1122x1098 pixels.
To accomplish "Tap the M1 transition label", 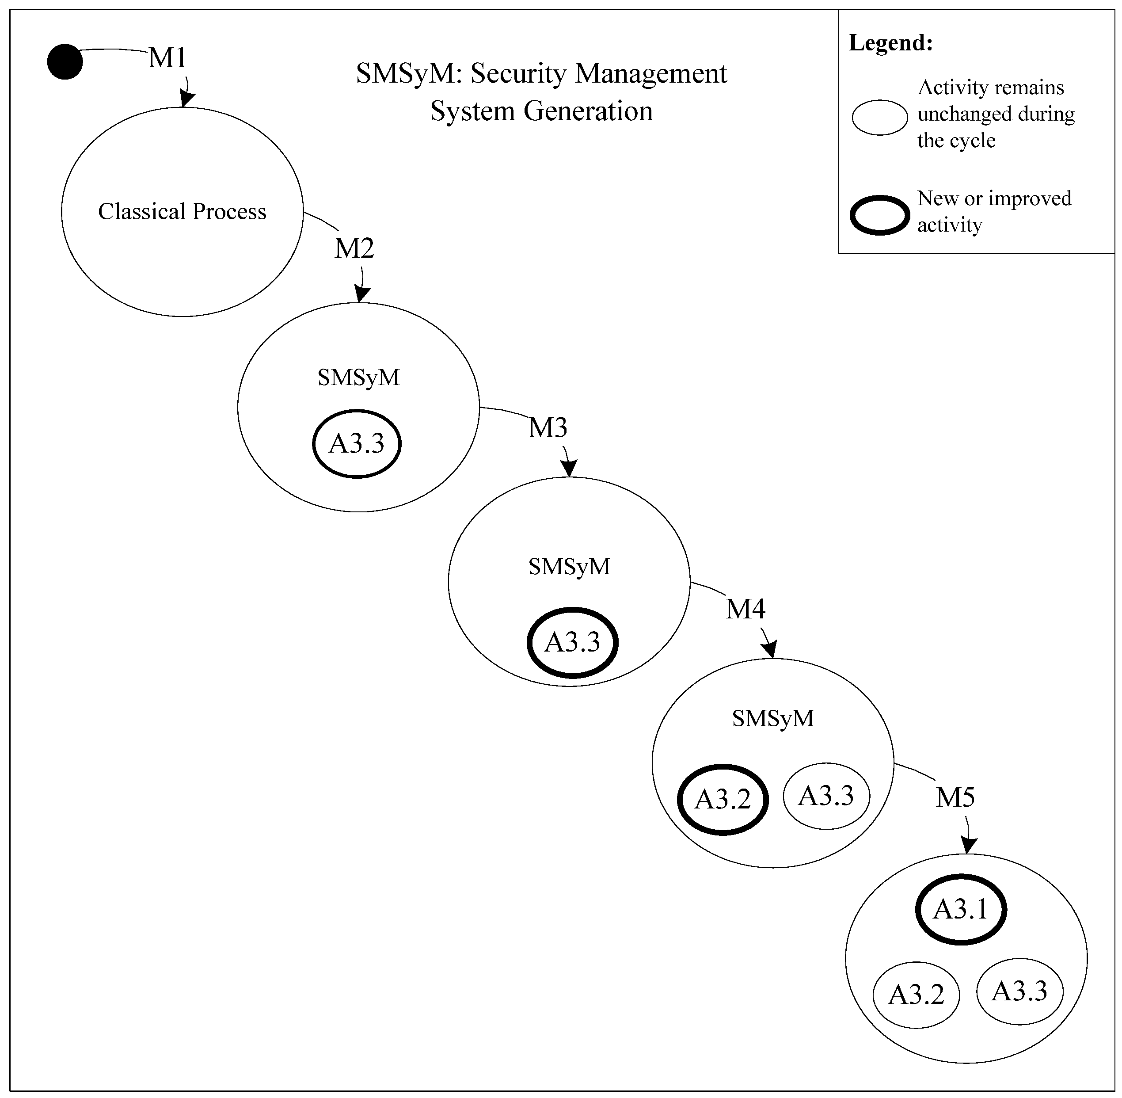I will (167, 57).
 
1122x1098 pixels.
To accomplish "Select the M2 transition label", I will (354, 248).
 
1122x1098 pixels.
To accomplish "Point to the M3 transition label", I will (548, 427).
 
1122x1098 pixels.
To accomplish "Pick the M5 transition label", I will (955, 797).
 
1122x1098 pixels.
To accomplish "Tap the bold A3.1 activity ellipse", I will (961, 909).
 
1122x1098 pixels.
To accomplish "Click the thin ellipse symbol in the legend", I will (880, 118).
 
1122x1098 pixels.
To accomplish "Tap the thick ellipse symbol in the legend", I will (880, 215).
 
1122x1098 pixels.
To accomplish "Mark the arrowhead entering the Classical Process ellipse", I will (186, 100).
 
